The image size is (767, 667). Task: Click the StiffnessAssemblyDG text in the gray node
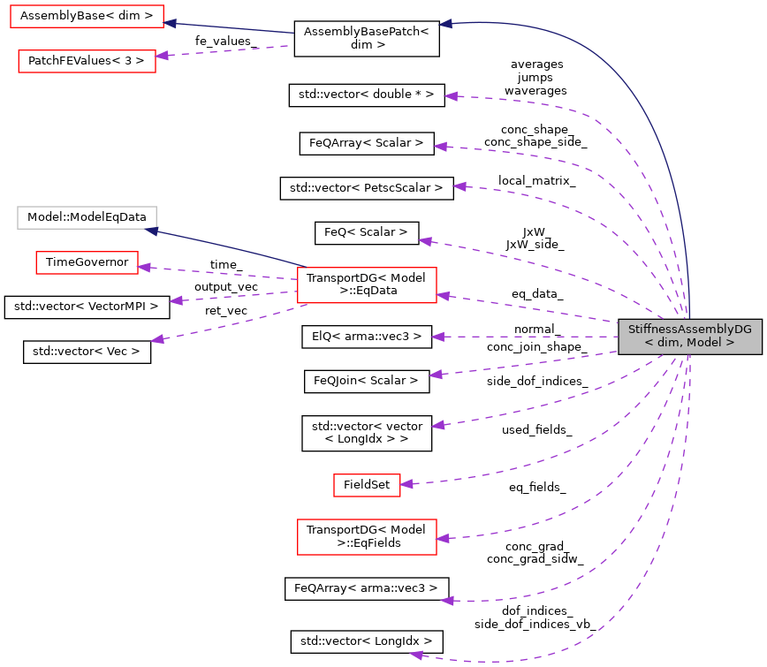point(689,330)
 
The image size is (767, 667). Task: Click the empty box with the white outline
point(87,217)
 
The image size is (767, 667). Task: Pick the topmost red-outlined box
point(87,16)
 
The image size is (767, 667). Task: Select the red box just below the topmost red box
point(87,61)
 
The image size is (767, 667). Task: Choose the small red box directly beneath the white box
point(87,262)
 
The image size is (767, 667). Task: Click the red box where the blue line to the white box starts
point(367,285)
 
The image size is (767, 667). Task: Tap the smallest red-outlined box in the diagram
point(367,485)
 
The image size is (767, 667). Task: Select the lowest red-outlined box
point(367,537)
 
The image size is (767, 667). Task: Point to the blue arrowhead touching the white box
point(151,231)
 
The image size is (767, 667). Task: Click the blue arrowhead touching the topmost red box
point(171,23)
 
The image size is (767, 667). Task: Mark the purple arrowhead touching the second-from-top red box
point(162,56)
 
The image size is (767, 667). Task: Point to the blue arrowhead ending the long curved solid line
point(445,24)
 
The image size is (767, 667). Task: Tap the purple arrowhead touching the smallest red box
point(406,483)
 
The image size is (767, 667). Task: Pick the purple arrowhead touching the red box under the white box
point(143,266)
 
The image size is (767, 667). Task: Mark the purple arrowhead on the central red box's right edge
point(443,296)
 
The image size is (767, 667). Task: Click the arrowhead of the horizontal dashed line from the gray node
point(437,337)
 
